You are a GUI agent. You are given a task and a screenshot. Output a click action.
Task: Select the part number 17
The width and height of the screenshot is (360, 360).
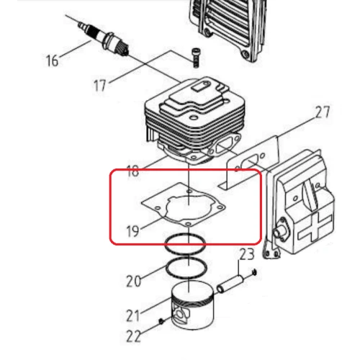coord(101,85)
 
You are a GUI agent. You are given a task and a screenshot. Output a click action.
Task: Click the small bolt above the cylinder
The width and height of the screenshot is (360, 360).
coord(196,53)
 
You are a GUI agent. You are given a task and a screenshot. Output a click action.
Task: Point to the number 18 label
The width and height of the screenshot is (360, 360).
coord(132,171)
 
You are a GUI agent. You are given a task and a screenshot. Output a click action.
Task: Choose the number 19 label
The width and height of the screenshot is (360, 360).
coord(131,231)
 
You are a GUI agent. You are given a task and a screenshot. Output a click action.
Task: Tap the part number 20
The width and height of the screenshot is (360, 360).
coord(133,281)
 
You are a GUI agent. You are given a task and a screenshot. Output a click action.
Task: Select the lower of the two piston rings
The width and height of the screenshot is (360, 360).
coord(186,267)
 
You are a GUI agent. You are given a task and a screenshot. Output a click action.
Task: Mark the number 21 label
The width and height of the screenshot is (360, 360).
coord(133,315)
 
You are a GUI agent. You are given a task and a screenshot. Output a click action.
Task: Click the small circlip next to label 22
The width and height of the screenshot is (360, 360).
coord(160,320)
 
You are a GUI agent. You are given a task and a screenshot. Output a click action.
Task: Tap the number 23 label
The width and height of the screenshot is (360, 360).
coord(246,253)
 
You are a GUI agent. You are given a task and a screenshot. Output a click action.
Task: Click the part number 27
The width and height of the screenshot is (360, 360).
coord(322,113)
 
